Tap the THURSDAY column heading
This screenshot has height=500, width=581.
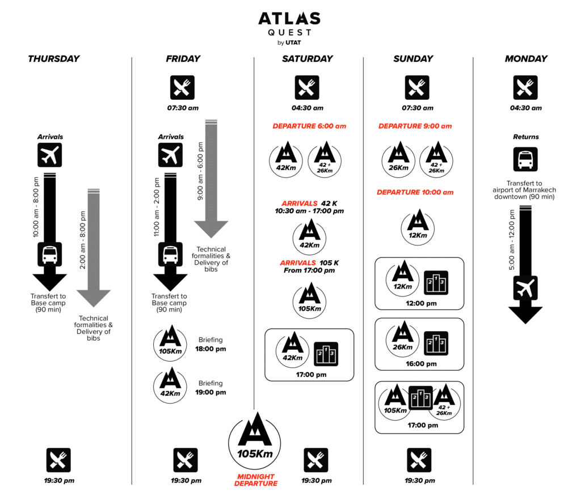point(53,58)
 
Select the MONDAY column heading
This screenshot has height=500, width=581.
point(526,58)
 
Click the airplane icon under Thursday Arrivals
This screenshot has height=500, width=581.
point(49,155)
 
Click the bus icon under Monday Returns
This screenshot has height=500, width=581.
point(525,159)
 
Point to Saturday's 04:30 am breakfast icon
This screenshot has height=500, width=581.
point(307,87)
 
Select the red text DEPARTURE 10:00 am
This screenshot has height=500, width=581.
point(415,192)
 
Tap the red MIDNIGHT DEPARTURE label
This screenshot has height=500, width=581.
point(256,480)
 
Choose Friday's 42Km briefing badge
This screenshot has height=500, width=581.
point(169,385)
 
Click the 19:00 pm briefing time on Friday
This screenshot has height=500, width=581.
point(212,392)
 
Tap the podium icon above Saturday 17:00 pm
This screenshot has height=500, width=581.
point(326,354)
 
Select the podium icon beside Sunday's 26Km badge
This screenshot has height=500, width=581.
point(436,343)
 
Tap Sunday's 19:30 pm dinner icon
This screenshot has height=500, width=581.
point(419,460)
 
